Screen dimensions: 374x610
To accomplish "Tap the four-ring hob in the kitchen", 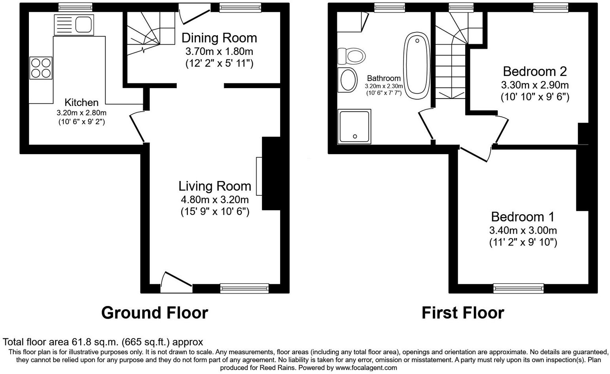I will coord(41,68).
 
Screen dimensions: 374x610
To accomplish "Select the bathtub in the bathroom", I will coord(417,66).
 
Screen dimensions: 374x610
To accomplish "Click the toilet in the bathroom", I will coord(351,56).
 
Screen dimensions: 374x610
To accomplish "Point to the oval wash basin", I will coord(348,79).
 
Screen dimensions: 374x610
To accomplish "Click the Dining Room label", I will coord(219,38).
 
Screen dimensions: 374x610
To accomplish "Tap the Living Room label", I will coord(214,186).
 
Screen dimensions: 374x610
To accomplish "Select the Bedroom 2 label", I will coord(534,71).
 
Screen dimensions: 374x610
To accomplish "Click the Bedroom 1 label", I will coord(523,217).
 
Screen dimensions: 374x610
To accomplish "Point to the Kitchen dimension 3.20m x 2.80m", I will coord(81,113).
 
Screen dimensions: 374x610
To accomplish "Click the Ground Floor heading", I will coord(154,313).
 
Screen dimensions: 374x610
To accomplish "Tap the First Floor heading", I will coord(462,313).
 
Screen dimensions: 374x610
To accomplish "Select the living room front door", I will coord(176,283).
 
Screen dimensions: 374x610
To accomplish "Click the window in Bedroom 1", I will coord(518,289).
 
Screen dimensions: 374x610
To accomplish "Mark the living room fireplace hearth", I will coord(259,176).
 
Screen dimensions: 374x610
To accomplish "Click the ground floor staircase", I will coord(150,32).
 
